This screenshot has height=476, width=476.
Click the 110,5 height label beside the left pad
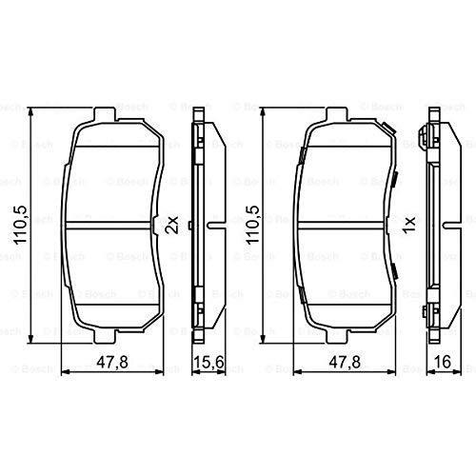pyautogui.click(x=21, y=225)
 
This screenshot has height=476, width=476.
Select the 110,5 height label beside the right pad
pyautogui.click(x=253, y=225)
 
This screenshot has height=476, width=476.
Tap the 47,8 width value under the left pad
pyautogui.click(x=112, y=362)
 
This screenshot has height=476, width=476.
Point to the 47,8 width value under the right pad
pyautogui.click(x=345, y=362)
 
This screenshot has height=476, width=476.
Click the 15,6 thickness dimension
pyautogui.click(x=208, y=362)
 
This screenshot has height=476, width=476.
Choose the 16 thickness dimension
pyautogui.click(x=443, y=362)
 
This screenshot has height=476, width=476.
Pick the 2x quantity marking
pyautogui.click(x=173, y=225)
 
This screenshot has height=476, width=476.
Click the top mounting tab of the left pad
pyautogui.click(x=105, y=114)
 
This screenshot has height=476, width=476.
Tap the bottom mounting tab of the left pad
pyautogui.click(x=105, y=336)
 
